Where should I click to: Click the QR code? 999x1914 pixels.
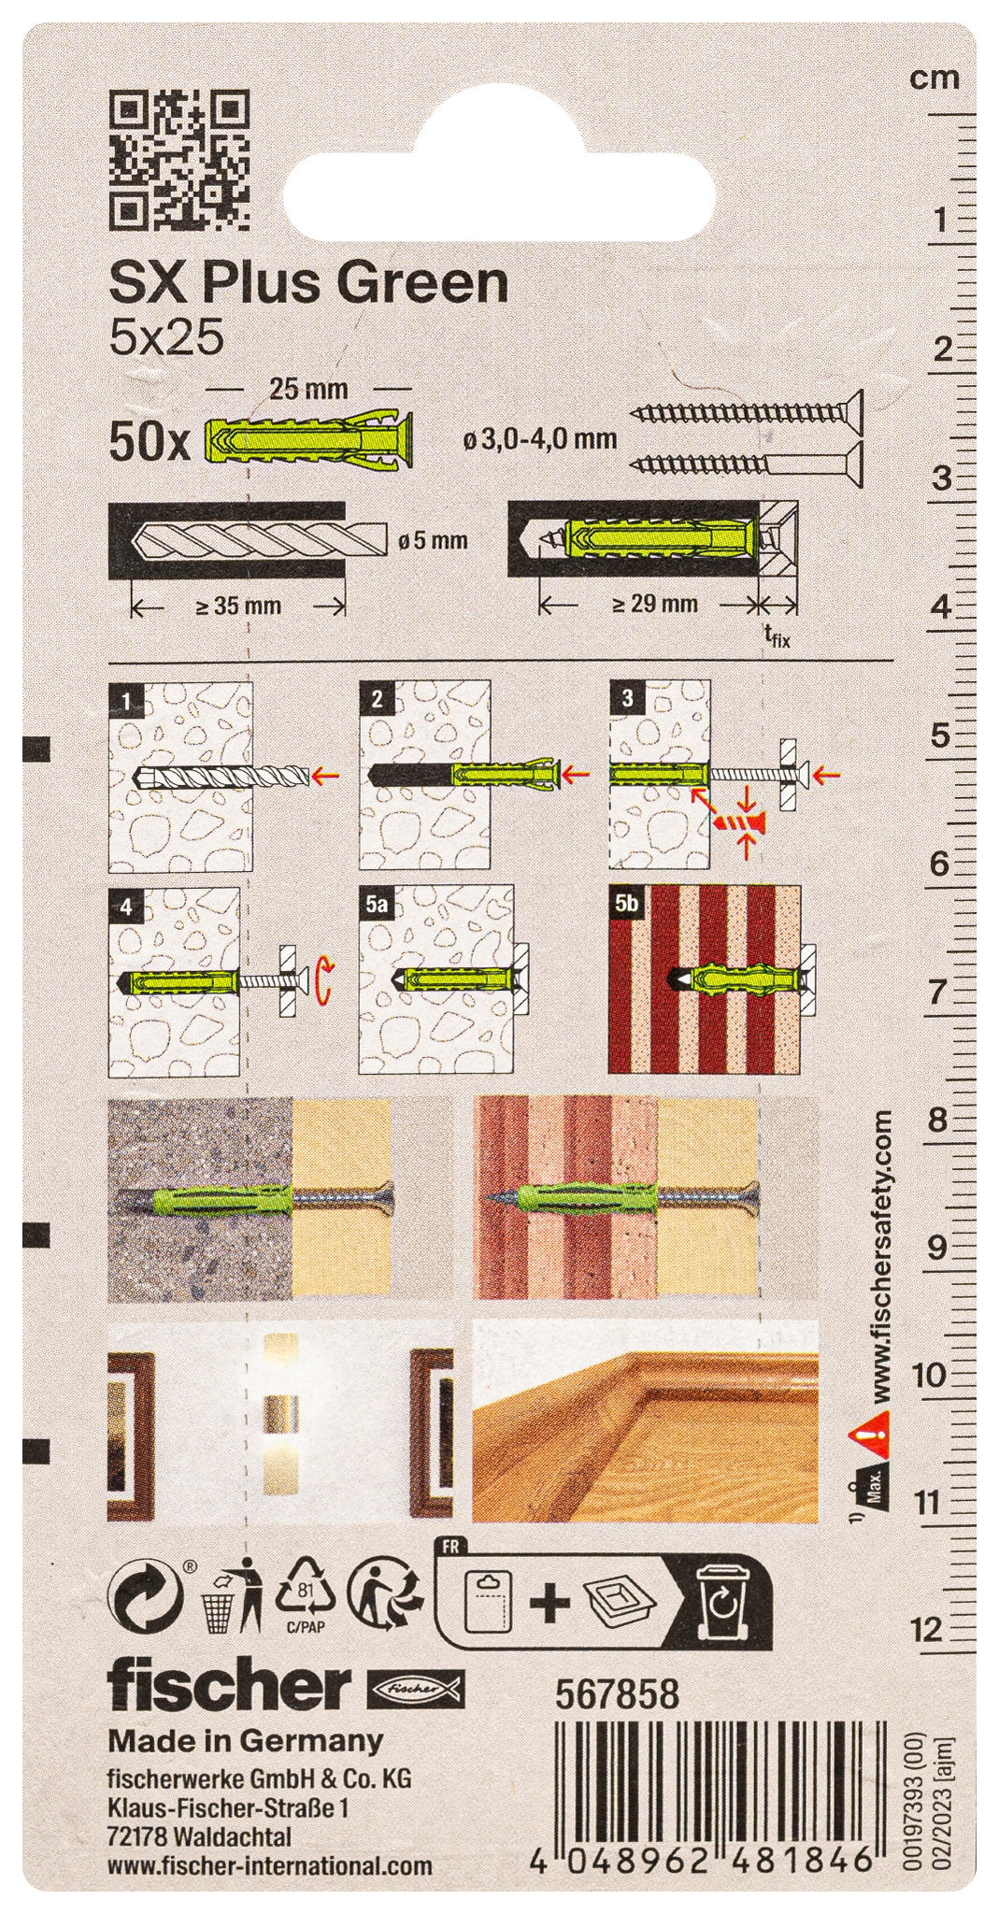coord(180,160)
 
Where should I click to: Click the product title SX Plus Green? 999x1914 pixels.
coord(309,282)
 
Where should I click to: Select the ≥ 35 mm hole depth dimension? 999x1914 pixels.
coord(238,606)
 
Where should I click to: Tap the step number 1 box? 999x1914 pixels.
coord(125,699)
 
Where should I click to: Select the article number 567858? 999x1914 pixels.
coord(617,1693)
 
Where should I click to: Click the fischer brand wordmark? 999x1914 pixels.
coord(228,1686)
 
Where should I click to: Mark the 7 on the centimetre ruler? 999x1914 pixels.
coord(937,993)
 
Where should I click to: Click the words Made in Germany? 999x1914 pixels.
coord(246,1741)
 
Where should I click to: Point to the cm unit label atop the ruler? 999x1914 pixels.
coord(935,79)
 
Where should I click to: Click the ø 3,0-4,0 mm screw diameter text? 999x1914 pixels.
coord(540,438)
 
